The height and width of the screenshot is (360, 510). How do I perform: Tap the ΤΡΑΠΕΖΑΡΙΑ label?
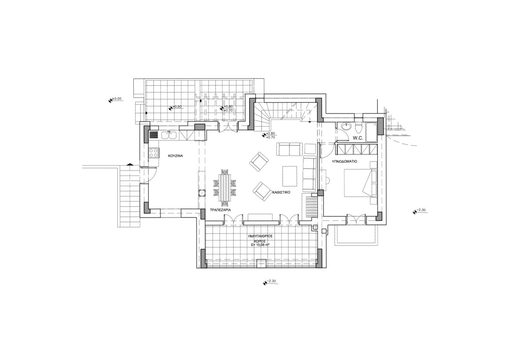(x=221, y=210)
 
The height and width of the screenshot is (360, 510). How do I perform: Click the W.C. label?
(x=358, y=138)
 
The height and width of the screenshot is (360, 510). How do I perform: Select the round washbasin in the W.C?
(x=346, y=126)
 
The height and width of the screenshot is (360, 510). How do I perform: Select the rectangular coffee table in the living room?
(x=289, y=176)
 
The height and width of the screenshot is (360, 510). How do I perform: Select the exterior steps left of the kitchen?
(x=129, y=197)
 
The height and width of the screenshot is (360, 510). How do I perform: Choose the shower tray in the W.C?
(x=372, y=131)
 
